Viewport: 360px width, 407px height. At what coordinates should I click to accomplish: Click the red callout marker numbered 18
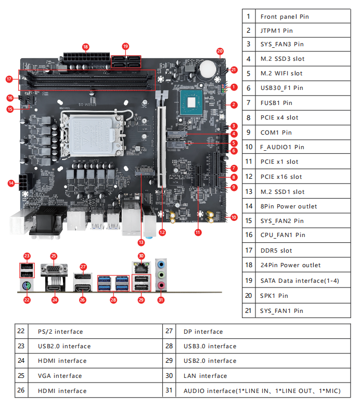pos(86,46)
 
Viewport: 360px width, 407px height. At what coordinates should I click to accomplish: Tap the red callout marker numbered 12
pos(162,232)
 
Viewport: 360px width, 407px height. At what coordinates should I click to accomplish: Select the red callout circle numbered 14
pos(11,183)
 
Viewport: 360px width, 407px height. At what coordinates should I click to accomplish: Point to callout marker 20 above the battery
pos(220,51)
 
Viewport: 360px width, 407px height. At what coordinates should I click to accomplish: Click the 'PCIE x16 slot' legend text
pos(281,177)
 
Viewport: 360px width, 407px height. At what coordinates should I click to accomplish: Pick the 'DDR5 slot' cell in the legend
pos(276,251)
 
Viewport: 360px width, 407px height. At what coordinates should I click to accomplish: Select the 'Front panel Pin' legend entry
pos(285,17)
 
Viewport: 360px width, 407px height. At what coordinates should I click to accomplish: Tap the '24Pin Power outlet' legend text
pos(290,265)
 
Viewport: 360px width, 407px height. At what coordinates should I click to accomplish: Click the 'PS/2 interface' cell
pos(60,332)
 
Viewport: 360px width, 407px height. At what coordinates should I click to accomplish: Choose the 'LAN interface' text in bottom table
pos(205,376)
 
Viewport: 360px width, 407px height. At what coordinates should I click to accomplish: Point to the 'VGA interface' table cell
pos(60,376)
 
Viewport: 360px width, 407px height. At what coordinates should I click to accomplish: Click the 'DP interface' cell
pos(203,332)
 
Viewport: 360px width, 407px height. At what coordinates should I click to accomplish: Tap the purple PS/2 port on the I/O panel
pos(28,285)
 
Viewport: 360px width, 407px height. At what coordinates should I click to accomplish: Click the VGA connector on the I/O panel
pos(54,272)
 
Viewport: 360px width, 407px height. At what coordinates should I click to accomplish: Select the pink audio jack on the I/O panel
pos(162,285)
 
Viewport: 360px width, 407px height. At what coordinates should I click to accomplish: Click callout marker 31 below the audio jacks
pos(160,299)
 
